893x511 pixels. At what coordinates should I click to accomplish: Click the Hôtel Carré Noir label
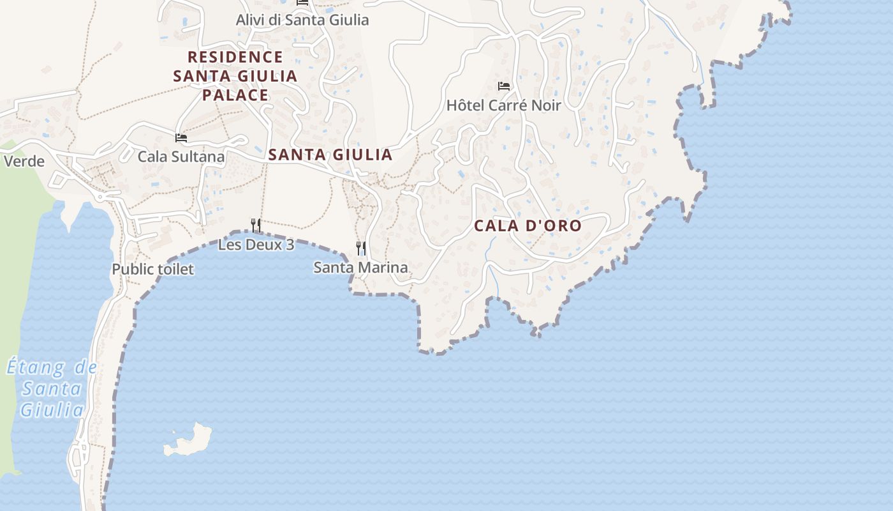coord(503,105)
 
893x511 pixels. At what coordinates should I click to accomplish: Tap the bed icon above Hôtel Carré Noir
coord(504,86)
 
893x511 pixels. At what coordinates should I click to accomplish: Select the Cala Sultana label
coord(181,156)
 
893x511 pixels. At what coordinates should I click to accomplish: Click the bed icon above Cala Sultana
coord(181,137)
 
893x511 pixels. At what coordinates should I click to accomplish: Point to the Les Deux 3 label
coord(256,244)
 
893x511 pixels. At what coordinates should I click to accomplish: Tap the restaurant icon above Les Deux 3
coord(256,225)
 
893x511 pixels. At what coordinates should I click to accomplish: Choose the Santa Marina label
coord(360,268)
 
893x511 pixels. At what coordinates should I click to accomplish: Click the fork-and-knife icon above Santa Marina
coord(361,248)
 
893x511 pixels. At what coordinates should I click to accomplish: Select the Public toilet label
coord(152,269)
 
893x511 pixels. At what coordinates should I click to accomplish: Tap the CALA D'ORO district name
coord(528,225)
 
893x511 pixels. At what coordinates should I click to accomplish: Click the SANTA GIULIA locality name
coord(330,155)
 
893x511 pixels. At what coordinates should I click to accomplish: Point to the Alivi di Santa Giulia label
coord(302,20)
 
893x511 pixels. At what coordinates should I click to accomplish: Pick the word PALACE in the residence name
coord(235,95)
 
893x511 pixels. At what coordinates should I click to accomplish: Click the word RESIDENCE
coord(235,57)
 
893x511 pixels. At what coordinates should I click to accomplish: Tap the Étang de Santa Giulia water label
coord(52,388)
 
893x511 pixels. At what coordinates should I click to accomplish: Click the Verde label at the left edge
coord(24,161)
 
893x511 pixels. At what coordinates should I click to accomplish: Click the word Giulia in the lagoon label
coord(52,409)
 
